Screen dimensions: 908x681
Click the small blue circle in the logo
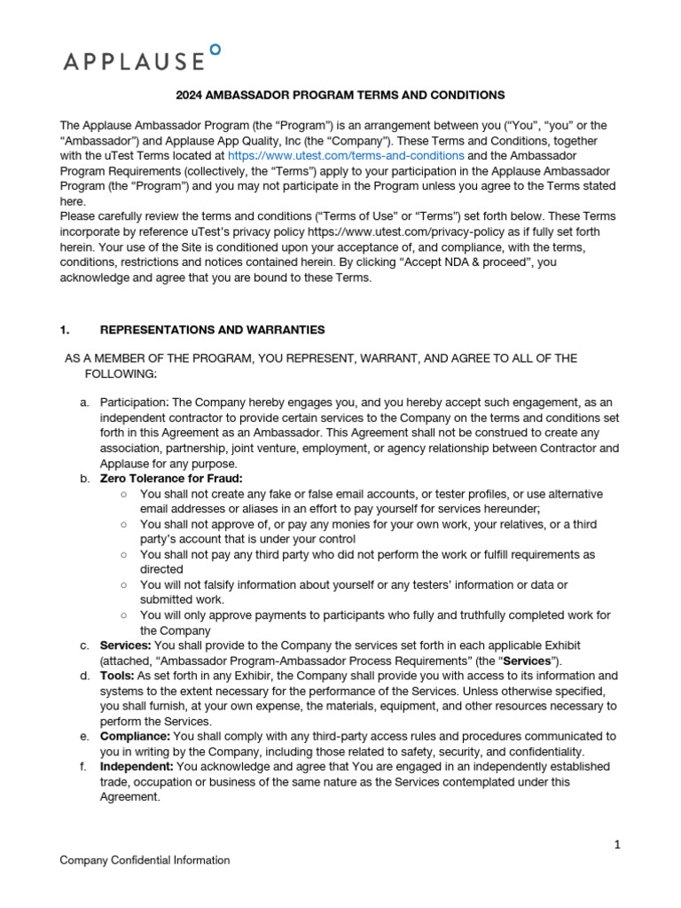click(x=215, y=50)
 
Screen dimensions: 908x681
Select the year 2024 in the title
click(x=189, y=95)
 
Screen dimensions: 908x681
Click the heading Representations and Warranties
click(x=212, y=330)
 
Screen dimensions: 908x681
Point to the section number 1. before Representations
click(x=65, y=330)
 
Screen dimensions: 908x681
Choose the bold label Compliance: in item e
click(x=135, y=737)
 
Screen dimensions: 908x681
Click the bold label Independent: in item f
click(x=137, y=766)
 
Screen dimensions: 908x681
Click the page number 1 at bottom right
click(x=617, y=844)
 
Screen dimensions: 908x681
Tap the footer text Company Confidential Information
click(x=145, y=860)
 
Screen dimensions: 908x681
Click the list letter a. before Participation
click(x=84, y=403)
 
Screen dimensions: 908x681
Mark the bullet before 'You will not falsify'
click(x=123, y=585)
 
